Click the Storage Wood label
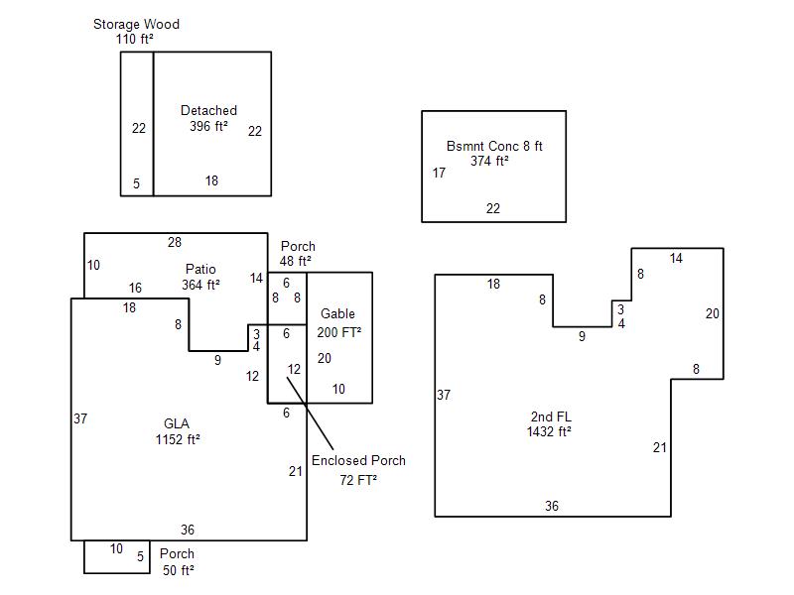[x=136, y=24]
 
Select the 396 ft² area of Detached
[x=208, y=126]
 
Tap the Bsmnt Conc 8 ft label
[x=494, y=146]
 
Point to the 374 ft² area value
[x=489, y=161]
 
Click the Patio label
[x=200, y=269]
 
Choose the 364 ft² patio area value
[x=200, y=285]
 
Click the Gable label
[x=337, y=314]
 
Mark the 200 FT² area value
[x=339, y=332]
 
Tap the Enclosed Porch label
[x=358, y=460]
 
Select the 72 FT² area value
[x=358, y=480]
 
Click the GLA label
[x=177, y=423]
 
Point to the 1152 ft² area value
[x=178, y=439]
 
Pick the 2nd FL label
[x=549, y=416]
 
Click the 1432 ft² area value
[x=549, y=431]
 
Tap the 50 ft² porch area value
[x=179, y=570]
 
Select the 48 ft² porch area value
[x=296, y=262]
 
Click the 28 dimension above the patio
[x=175, y=242]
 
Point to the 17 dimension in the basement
[x=439, y=173]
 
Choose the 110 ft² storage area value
[x=134, y=39]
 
